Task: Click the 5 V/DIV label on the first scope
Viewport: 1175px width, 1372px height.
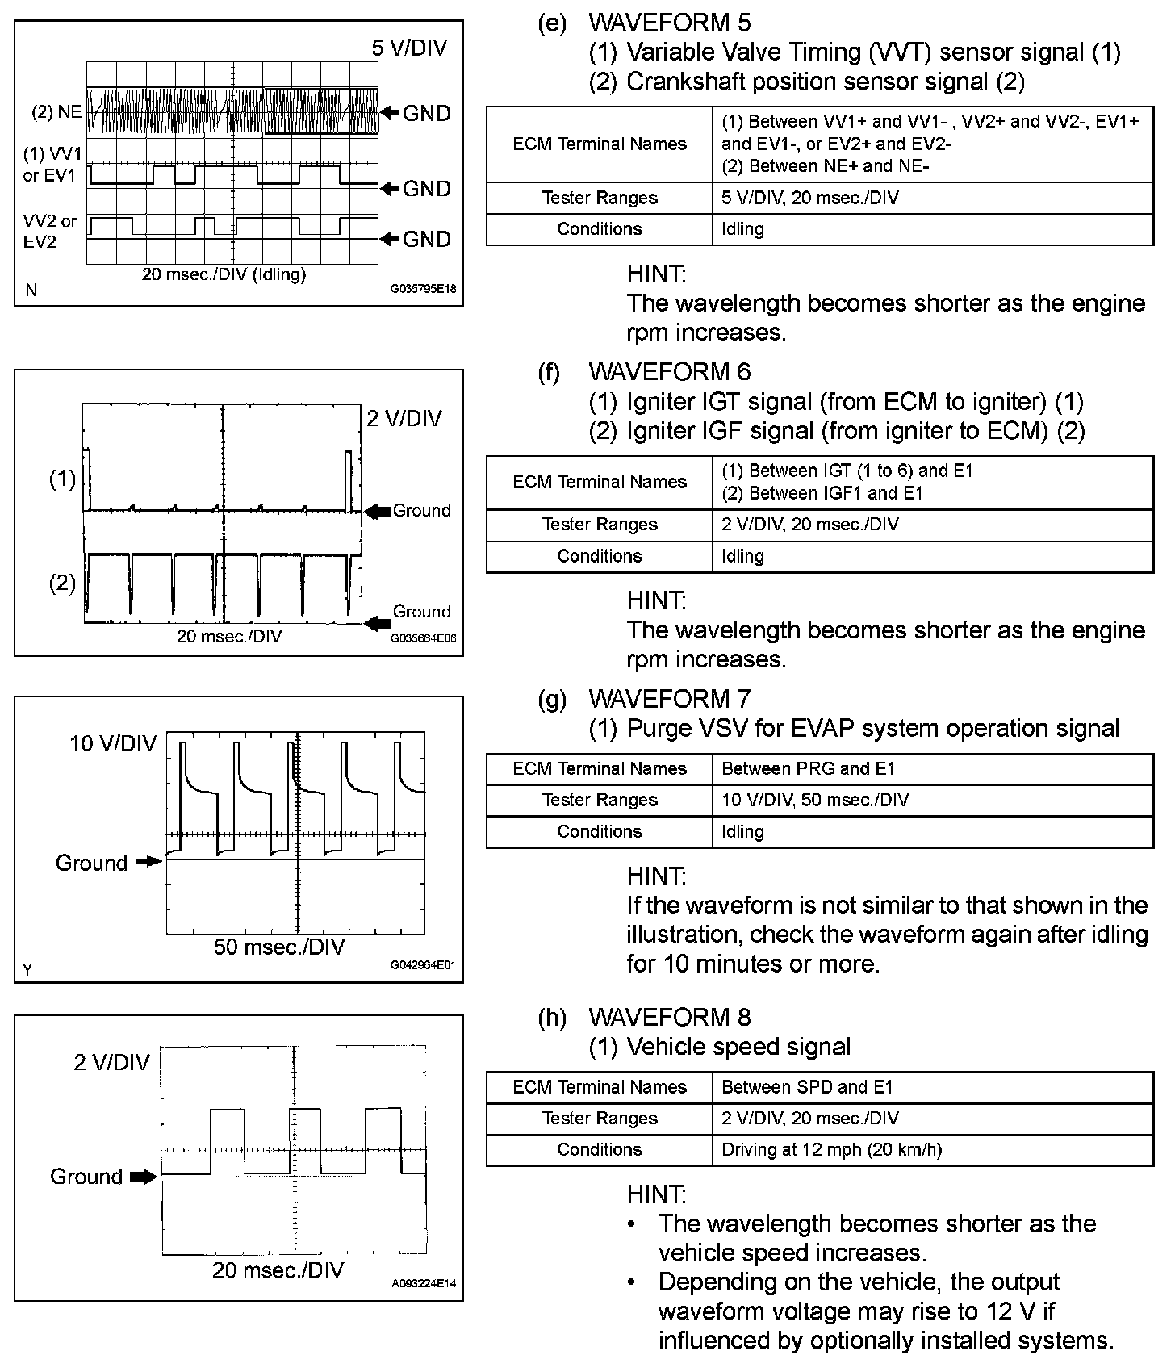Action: (x=409, y=48)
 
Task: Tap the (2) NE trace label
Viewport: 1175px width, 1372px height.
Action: (x=56, y=112)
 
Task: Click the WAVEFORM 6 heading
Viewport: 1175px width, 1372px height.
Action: (x=669, y=371)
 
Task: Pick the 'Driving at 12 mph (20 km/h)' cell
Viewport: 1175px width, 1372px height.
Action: (x=831, y=1149)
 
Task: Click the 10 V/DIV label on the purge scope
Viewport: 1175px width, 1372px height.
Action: (x=112, y=743)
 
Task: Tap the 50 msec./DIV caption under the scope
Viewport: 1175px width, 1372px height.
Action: (x=278, y=947)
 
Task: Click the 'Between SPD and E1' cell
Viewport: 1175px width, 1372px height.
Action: (x=807, y=1087)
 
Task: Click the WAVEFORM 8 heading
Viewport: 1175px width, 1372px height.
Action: (x=669, y=1017)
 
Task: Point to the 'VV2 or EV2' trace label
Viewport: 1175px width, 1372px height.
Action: (x=49, y=231)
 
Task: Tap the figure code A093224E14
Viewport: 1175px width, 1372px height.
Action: (x=424, y=1283)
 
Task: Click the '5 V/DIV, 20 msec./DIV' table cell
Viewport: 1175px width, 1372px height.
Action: (x=810, y=198)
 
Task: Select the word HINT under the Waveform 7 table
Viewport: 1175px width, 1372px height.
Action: (x=656, y=876)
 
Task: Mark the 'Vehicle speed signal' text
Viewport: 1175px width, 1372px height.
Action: (x=738, y=1047)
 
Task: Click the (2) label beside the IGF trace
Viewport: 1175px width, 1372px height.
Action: (x=62, y=583)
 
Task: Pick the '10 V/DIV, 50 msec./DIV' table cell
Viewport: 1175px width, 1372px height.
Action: (x=815, y=800)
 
